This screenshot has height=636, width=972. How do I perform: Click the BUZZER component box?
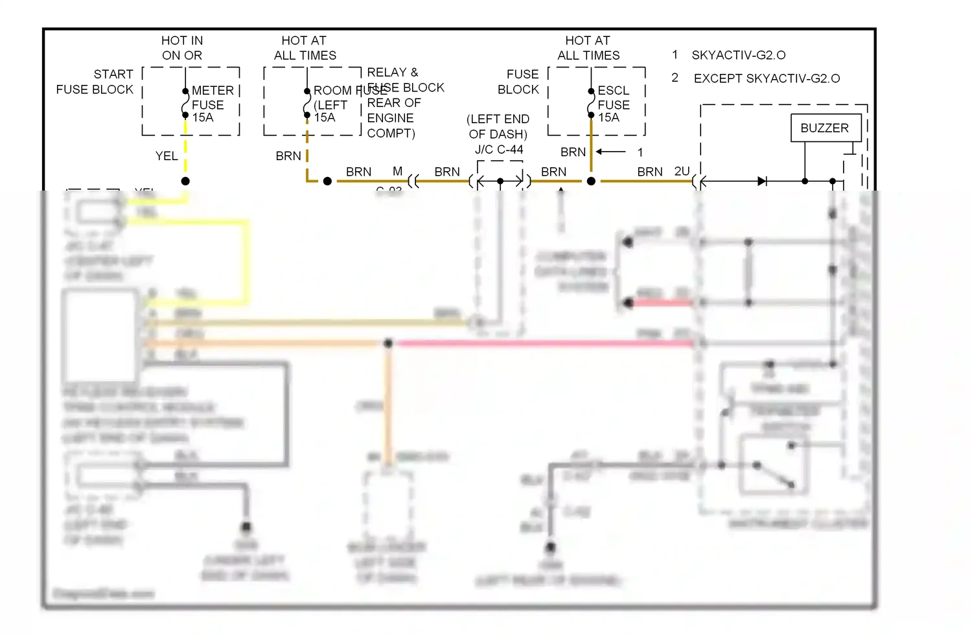pos(825,128)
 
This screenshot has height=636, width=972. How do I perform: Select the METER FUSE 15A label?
pos(212,104)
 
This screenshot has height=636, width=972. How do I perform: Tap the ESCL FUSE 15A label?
pos(613,104)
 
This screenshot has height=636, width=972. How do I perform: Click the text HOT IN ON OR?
pos(181,48)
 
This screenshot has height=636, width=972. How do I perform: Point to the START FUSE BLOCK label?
pos(96,82)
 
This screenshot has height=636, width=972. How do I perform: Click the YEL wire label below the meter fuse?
pos(166,156)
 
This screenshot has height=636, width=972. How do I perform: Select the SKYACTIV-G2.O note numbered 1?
pos(738,55)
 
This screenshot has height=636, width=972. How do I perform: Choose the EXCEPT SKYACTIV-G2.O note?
pos(766,78)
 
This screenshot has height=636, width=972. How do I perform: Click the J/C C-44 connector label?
pos(498,150)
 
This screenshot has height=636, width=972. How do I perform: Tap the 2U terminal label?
pos(682,171)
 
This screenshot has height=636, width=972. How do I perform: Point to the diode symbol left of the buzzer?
pos(762,182)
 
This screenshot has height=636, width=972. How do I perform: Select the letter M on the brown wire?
pos(397,171)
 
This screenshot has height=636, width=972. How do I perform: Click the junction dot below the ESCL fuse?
pos(591,182)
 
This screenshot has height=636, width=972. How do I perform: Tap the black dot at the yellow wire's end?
pos(185,182)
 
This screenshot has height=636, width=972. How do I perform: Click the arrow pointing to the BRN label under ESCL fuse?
pos(611,152)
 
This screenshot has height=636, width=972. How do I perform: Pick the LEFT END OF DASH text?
pos(498,126)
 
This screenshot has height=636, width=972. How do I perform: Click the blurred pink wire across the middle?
pos(544,343)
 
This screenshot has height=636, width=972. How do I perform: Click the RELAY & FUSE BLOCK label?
pos(405,80)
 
